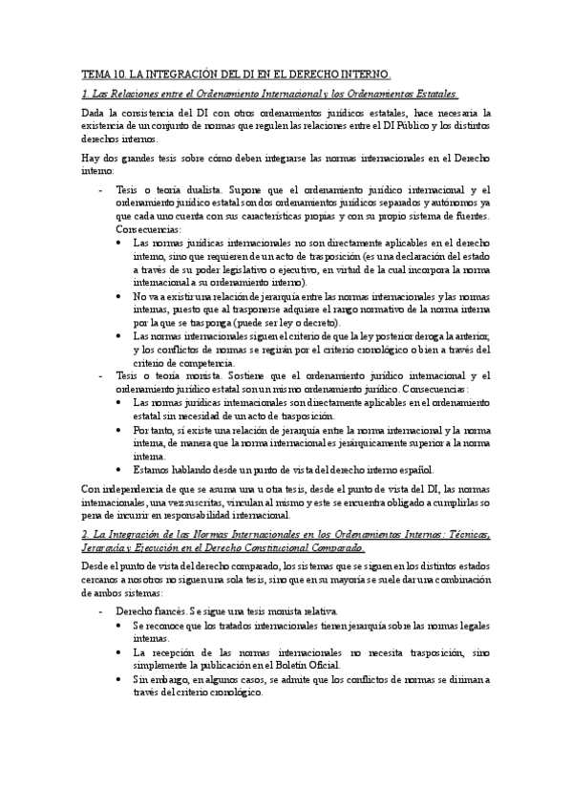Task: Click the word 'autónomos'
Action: (x=459, y=203)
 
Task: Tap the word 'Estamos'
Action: (x=155, y=470)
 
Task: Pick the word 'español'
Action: (x=414, y=470)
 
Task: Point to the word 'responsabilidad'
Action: (x=273, y=516)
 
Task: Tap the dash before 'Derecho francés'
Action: (x=102, y=610)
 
